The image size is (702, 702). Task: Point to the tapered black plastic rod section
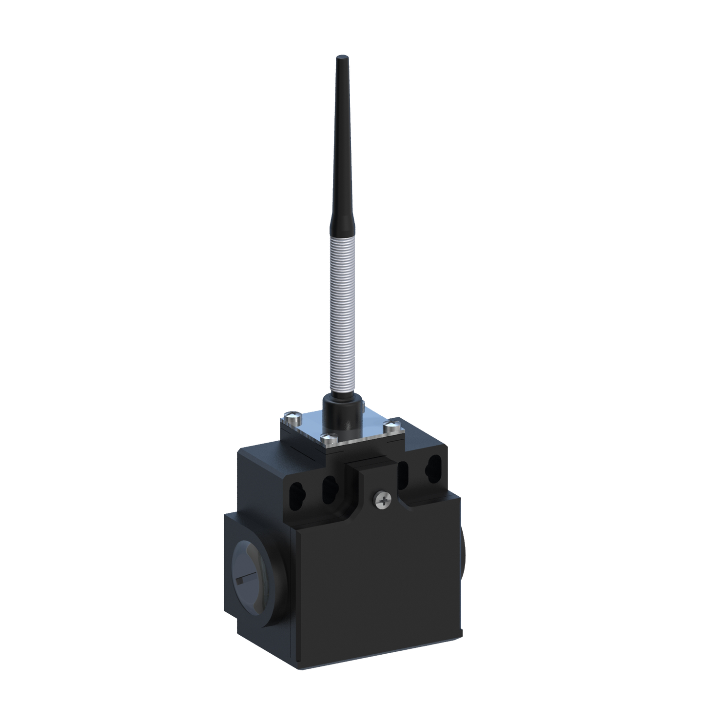(339, 146)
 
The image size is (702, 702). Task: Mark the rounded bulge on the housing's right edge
(463, 551)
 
